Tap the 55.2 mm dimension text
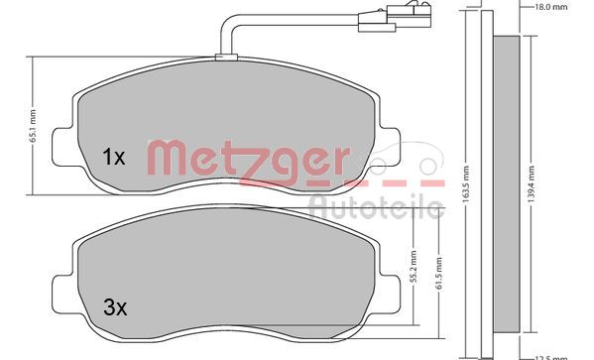point(412,265)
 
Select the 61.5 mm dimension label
point(438,274)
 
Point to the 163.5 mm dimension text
point(466,180)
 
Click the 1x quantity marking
point(114,156)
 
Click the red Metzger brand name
point(248,160)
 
